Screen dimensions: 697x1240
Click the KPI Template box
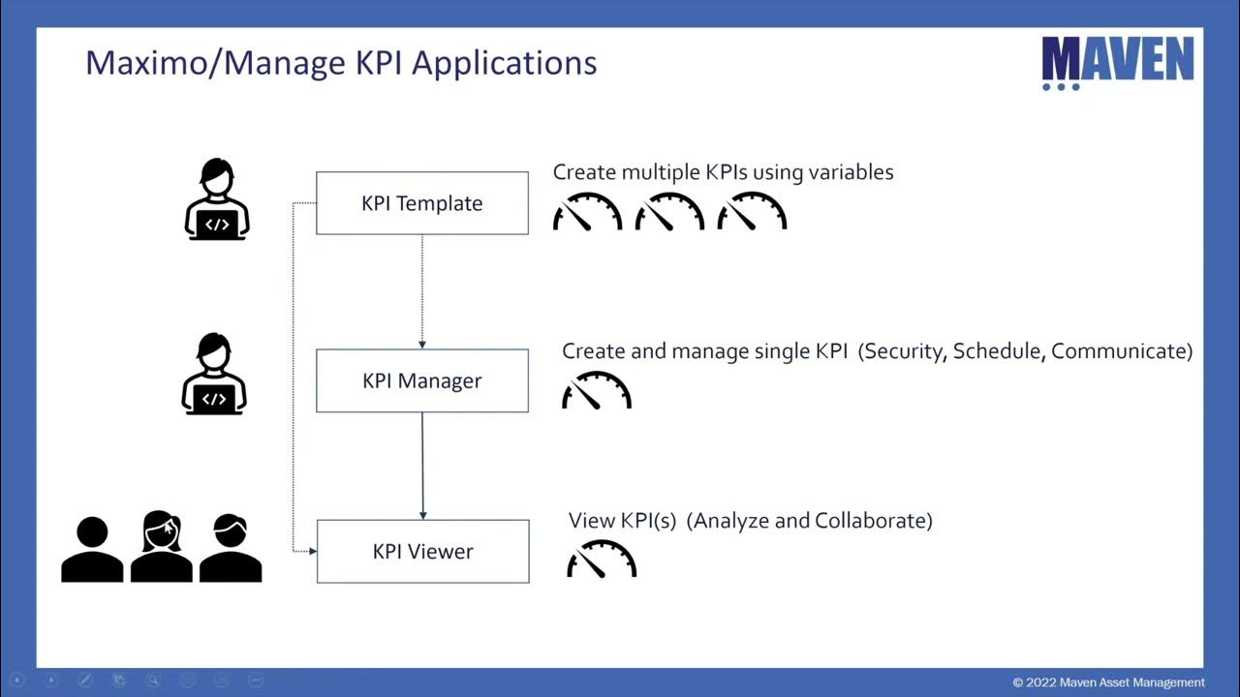(x=421, y=203)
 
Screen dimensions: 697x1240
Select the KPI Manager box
(x=421, y=380)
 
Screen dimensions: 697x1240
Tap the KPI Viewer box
(x=422, y=552)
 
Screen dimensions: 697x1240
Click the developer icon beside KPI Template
(x=217, y=199)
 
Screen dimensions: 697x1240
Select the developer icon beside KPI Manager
(x=214, y=375)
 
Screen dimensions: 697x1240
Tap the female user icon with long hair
(x=161, y=547)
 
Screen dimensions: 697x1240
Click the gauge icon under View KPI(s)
(x=602, y=560)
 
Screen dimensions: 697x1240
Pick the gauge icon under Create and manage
(x=597, y=390)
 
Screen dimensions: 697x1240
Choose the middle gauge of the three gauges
(x=669, y=212)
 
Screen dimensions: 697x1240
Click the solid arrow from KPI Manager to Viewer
(x=422, y=465)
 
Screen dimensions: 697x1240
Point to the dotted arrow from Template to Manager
(x=422, y=290)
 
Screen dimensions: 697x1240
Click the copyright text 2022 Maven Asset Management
(x=1109, y=682)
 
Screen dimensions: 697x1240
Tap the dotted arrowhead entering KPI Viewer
(x=312, y=552)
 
